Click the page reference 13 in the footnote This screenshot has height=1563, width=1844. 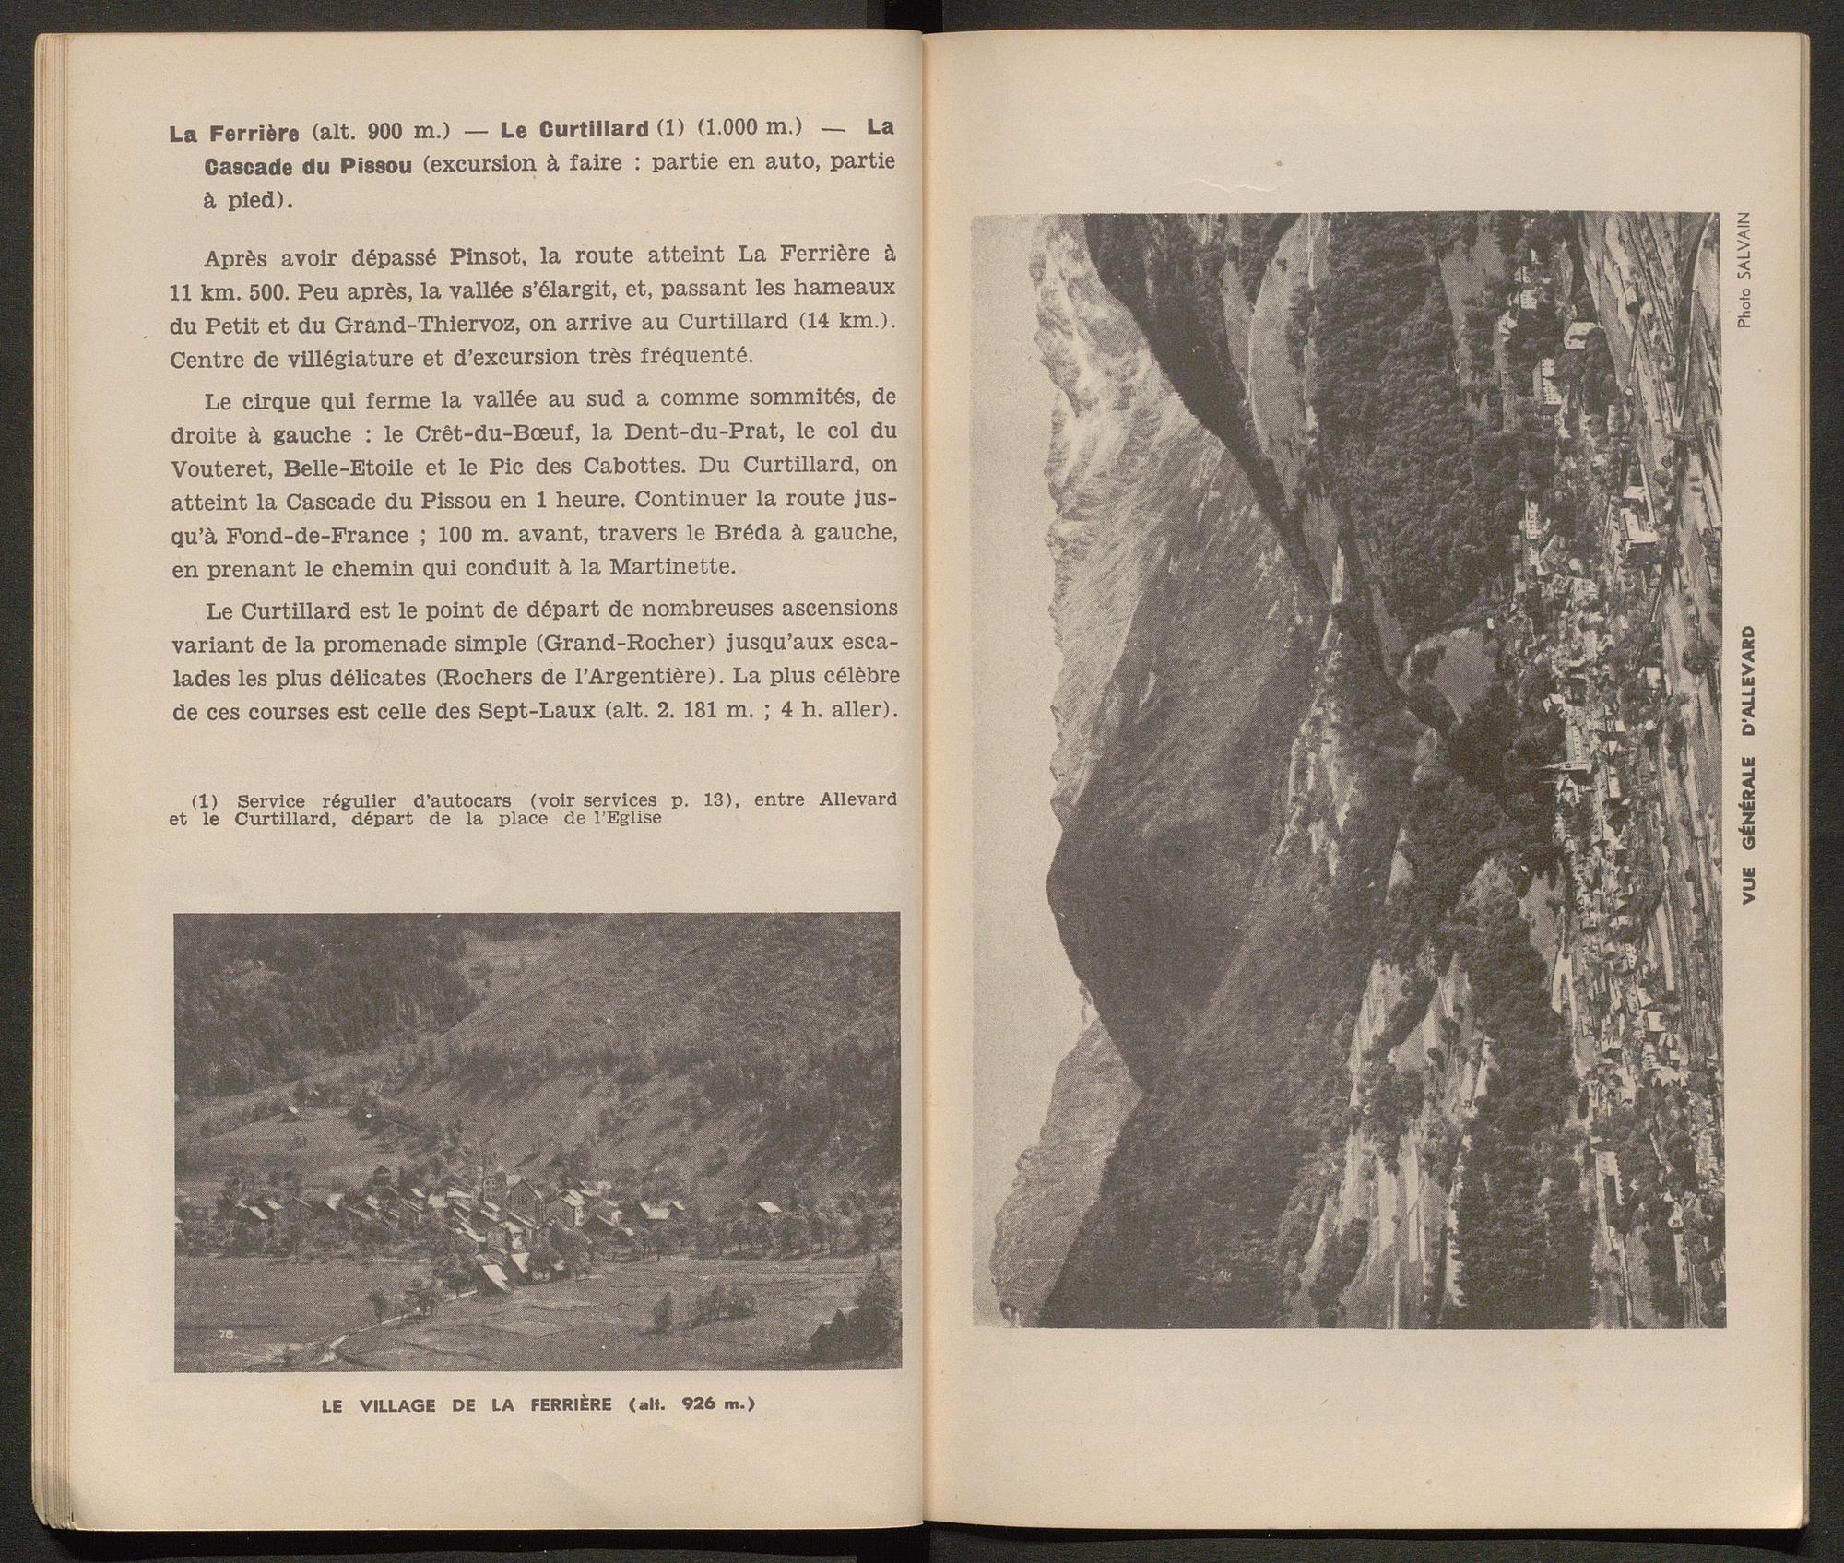tap(707, 799)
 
